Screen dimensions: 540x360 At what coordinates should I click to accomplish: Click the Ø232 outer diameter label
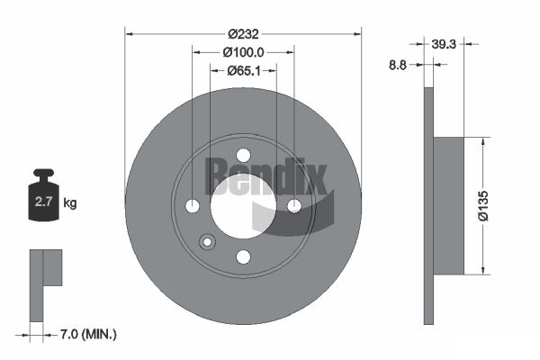[243, 34]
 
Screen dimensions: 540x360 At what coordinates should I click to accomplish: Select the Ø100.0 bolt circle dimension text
[243, 52]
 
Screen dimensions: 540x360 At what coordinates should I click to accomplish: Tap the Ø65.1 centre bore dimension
[244, 70]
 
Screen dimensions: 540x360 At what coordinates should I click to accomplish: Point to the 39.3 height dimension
[444, 44]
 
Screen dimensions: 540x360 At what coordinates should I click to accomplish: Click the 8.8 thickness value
[398, 65]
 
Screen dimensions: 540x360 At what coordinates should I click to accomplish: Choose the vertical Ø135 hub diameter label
[483, 206]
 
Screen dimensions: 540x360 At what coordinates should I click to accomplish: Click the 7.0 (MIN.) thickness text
[88, 334]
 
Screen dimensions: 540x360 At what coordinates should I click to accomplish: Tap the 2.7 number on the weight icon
[43, 202]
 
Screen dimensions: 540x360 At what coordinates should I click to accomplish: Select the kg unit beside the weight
[70, 202]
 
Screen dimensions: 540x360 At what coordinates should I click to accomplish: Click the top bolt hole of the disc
[244, 155]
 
